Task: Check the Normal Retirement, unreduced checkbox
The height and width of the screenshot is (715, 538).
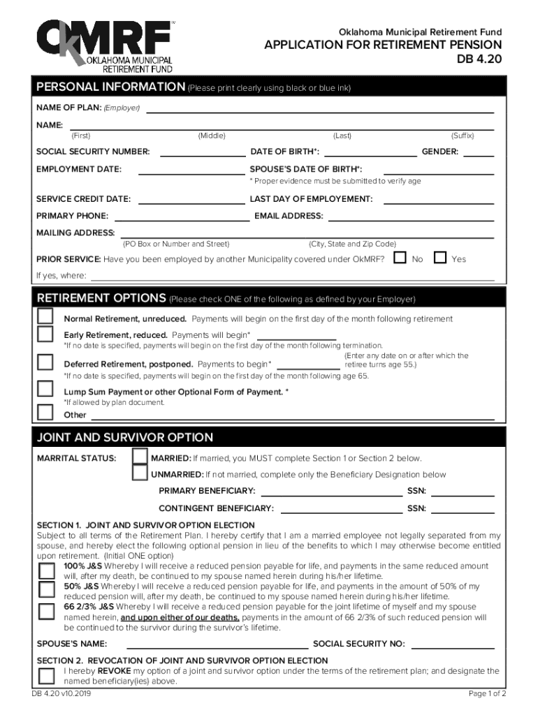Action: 45,316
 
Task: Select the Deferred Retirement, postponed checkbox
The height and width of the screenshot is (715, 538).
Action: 45,362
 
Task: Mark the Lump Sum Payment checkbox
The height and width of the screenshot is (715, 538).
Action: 45,388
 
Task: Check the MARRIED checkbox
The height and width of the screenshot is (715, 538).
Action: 140,457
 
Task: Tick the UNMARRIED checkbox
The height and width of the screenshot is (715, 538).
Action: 140,473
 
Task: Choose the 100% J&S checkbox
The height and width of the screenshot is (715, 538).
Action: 46,570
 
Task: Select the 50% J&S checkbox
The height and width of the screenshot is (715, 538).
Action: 46,590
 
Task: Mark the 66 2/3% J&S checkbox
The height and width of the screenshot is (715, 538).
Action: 46,612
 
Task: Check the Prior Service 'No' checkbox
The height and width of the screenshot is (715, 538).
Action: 400,258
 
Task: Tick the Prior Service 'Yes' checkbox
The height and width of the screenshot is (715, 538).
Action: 440,258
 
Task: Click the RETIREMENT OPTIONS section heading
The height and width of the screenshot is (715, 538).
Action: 101,298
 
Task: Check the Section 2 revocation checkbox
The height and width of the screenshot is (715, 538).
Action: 46,675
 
